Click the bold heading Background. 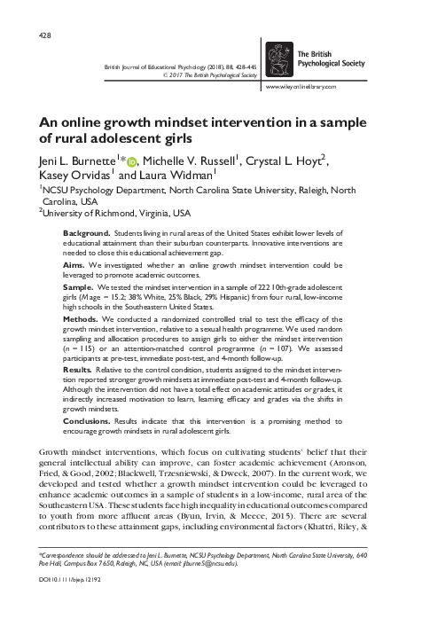86,231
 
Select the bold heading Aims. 74,264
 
